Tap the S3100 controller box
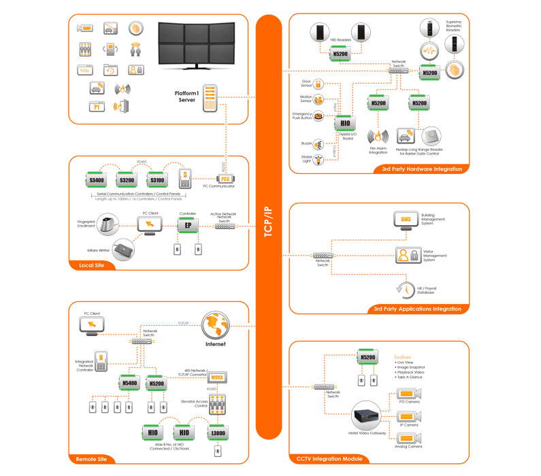[158, 180]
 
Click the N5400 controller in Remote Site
[129, 383]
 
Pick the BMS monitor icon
[407, 221]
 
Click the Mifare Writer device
[125, 249]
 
